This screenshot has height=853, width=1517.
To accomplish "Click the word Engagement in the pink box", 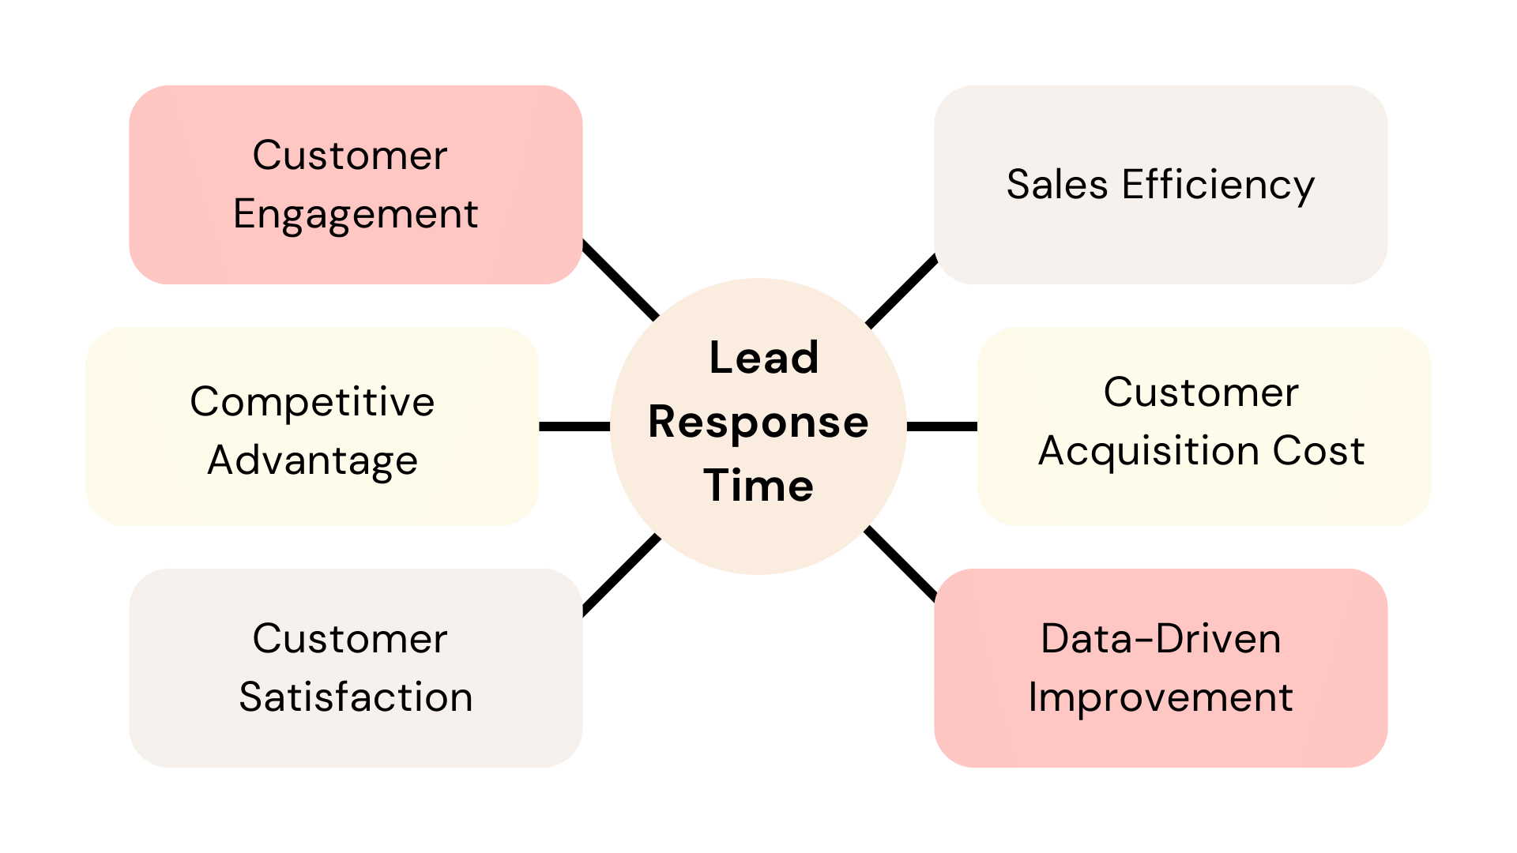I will pyautogui.click(x=356, y=215).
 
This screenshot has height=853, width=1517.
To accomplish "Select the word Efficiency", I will pyautogui.click(x=1218, y=186).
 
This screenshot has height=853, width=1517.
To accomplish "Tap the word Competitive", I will pyautogui.click(x=312, y=402).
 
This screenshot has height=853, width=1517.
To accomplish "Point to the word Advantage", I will pyautogui.click(x=312, y=460).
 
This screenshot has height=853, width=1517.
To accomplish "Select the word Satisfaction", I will pyautogui.click(x=356, y=697).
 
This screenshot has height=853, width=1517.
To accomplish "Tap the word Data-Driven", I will pyautogui.click(x=1161, y=639).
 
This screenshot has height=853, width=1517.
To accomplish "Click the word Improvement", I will pyautogui.click(x=1161, y=697).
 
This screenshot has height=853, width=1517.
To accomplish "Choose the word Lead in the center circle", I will pyautogui.click(x=764, y=358).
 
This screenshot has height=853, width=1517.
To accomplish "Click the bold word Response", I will pyautogui.click(x=758, y=423).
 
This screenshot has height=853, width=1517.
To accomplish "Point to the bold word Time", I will pyautogui.click(x=758, y=485).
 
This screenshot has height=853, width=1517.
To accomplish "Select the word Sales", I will pyautogui.click(x=1056, y=185).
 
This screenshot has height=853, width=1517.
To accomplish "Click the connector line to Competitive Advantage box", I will pyautogui.click(x=574, y=426).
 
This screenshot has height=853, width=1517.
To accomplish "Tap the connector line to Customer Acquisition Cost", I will pyautogui.click(x=942, y=426).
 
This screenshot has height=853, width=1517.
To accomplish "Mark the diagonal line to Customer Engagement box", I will pyautogui.click(x=620, y=280).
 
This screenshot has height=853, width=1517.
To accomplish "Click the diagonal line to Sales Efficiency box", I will pyautogui.click(x=902, y=291).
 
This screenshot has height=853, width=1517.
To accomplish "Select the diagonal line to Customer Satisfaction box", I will pyautogui.click(x=621, y=574).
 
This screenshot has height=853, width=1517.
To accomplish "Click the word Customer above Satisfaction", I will pyautogui.click(x=349, y=639).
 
